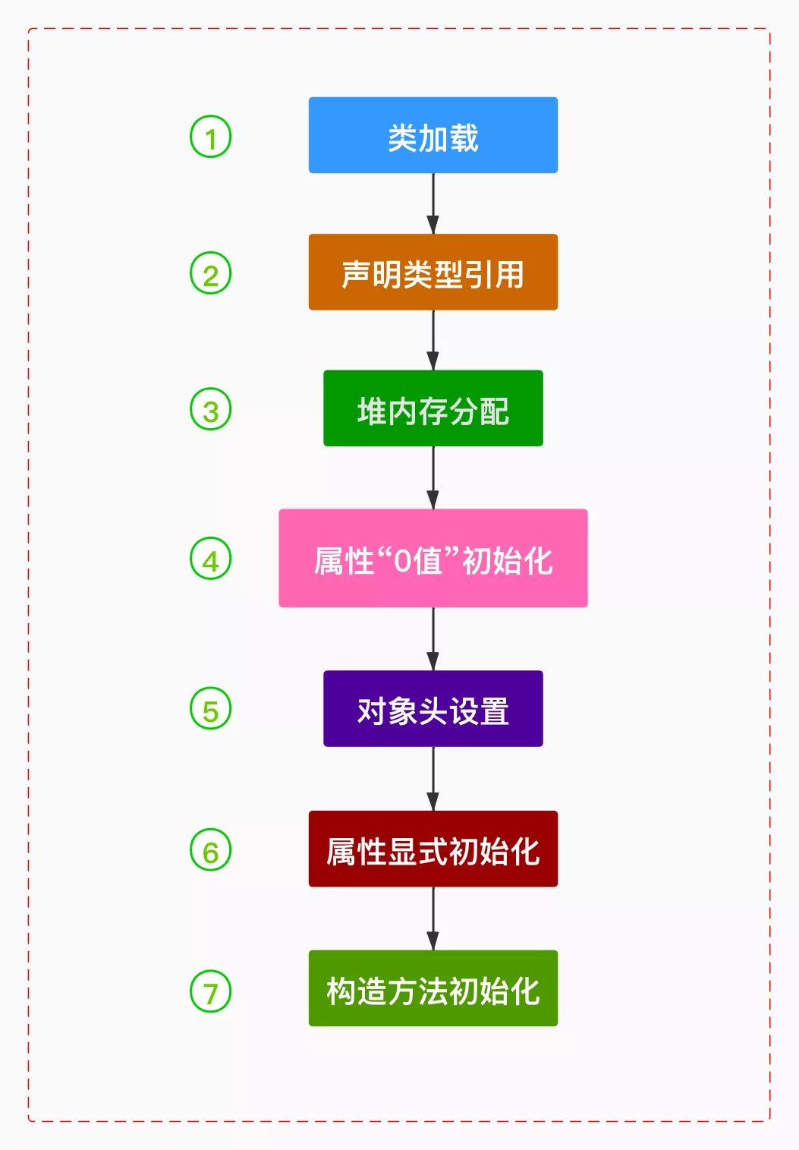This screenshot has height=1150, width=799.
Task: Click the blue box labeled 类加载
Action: pos(433,135)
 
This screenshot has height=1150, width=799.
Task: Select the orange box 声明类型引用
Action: pos(433,272)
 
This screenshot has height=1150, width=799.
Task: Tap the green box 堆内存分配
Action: pos(433,408)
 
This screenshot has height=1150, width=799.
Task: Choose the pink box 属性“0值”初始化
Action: pos(433,558)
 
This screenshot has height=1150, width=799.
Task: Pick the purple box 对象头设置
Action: pos(433,708)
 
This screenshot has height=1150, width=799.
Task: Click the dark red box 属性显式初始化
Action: pos(433,849)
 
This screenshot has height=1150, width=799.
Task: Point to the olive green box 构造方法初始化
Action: pos(433,988)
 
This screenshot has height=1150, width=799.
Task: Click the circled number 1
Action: pos(210,137)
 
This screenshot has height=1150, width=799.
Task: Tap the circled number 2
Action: pos(210,273)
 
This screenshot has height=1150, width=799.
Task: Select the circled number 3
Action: pos(210,409)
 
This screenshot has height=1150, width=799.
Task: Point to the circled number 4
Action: pos(210,559)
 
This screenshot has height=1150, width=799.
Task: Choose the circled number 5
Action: pos(210,709)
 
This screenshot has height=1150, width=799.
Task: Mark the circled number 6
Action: pos(210,850)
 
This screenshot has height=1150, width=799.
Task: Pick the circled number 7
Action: pos(210,991)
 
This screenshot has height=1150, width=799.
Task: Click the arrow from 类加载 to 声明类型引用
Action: pos(433,203)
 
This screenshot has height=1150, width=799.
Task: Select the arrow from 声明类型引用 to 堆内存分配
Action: pos(433,340)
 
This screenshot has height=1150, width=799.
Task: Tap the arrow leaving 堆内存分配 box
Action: pos(433,477)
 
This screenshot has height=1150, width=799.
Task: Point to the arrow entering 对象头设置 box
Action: pos(433,639)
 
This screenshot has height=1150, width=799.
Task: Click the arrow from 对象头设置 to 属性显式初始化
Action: pos(433,779)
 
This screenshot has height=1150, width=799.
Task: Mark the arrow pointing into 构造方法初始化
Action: pos(433,918)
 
